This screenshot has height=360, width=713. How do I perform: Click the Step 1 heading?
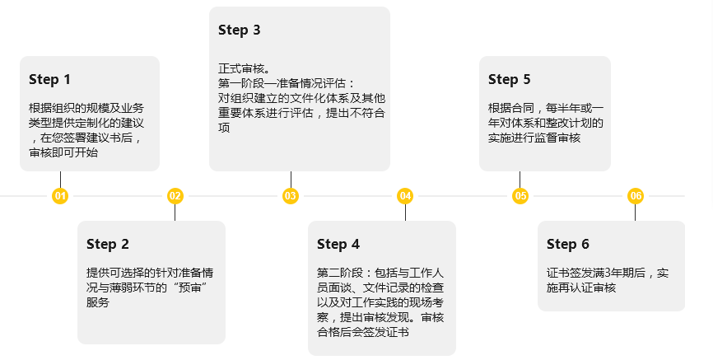pyautogui.click(x=49, y=80)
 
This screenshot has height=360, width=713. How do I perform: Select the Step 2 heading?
pyautogui.click(x=108, y=245)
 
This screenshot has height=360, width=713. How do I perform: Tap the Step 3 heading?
pyautogui.click(x=240, y=30)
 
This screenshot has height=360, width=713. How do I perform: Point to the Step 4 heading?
pyautogui.click(x=338, y=245)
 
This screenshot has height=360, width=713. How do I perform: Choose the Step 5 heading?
pyautogui.click(x=510, y=80)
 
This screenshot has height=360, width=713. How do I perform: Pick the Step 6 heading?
pyautogui.click(x=568, y=245)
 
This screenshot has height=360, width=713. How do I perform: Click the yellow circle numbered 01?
pyautogui.click(x=60, y=196)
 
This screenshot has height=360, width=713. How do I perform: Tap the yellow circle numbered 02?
pyautogui.click(x=175, y=196)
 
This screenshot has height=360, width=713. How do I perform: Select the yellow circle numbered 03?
pyautogui.click(x=291, y=196)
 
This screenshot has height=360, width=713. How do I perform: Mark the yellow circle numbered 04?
pyautogui.click(x=405, y=196)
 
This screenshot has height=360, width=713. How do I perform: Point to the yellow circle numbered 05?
pyautogui.click(x=520, y=196)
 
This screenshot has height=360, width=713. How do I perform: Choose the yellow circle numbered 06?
pyautogui.click(x=636, y=196)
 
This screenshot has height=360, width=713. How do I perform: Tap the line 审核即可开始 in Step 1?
pyautogui.click(x=63, y=152)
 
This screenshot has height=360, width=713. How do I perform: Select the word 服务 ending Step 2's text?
pyautogui.click(x=98, y=302)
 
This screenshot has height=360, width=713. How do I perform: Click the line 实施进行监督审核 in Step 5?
pyautogui.click(x=534, y=138)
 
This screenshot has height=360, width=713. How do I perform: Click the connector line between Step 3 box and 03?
pyautogui.click(x=291, y=180)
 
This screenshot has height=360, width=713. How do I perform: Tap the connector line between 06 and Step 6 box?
pyautogui.click(x=636, y=212)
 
